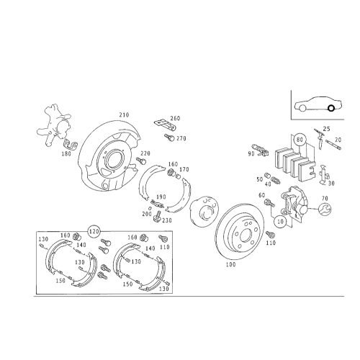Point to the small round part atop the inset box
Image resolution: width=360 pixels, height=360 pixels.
point(94,230)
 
